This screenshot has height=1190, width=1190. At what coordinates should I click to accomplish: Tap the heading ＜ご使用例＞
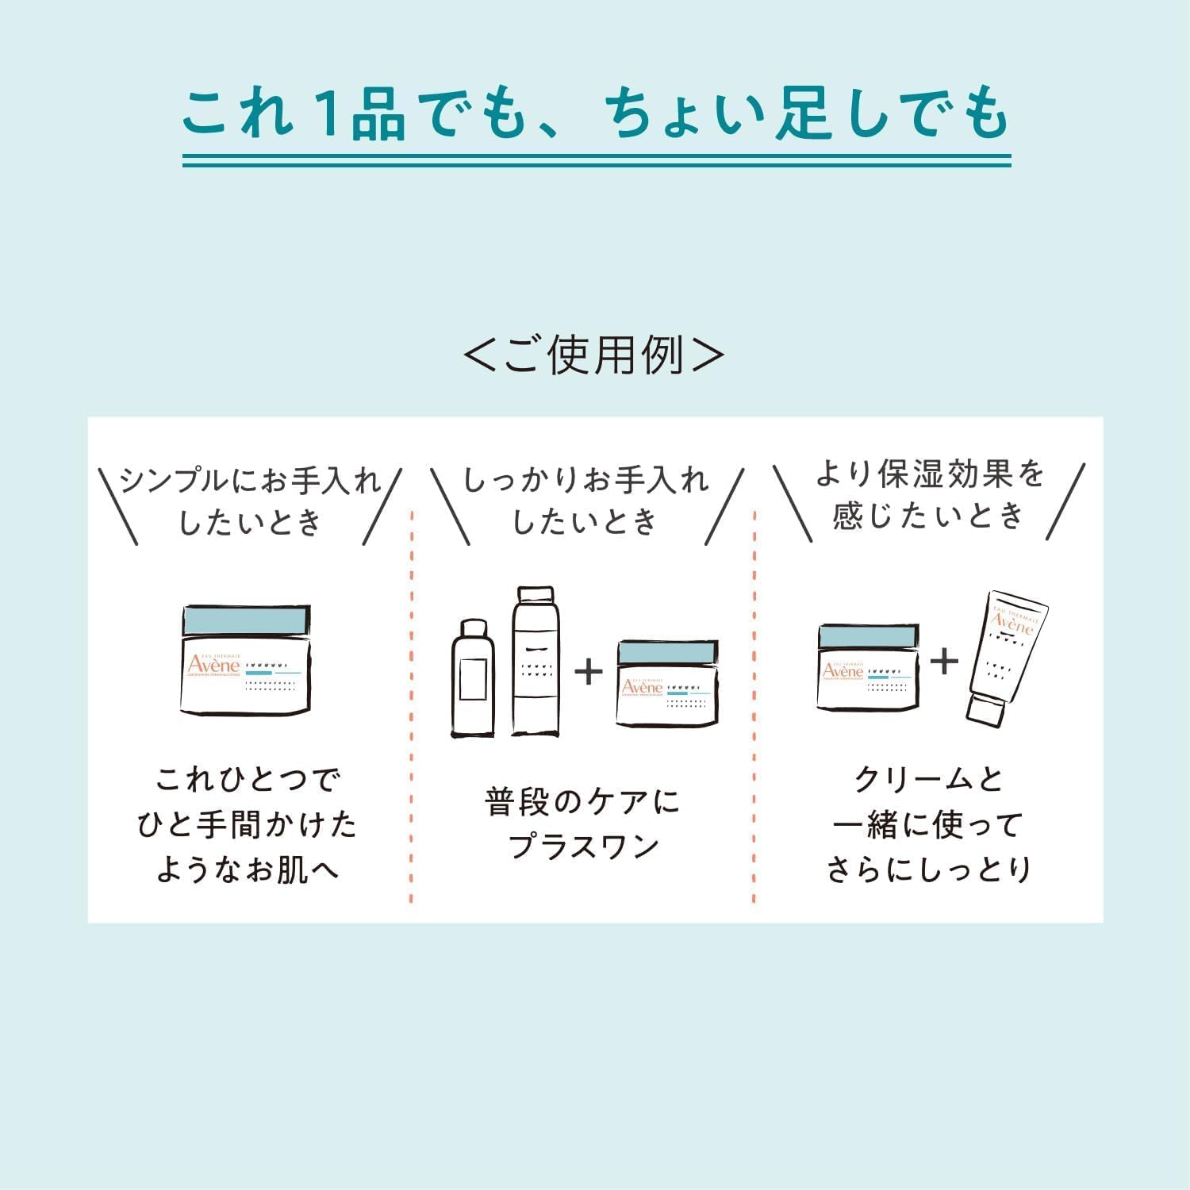593,354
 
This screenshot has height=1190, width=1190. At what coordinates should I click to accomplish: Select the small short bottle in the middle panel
472,678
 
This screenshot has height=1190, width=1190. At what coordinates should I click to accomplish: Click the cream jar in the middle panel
667,683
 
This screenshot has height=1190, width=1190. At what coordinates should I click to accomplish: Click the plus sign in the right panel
944,661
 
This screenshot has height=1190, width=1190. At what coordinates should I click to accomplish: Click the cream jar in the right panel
868,666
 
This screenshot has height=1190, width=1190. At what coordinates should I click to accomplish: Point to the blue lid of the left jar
246,620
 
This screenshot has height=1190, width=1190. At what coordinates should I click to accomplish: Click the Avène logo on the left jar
213,664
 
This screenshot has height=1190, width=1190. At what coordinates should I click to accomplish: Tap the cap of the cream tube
986,709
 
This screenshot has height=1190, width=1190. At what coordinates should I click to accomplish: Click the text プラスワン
584,846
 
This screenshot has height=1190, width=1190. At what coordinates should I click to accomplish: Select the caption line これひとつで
248,780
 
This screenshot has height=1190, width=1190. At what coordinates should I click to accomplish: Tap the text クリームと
928,780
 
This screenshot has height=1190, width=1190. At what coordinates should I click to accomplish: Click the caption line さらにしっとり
928,869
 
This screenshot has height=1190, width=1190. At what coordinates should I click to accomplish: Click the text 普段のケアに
584,801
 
